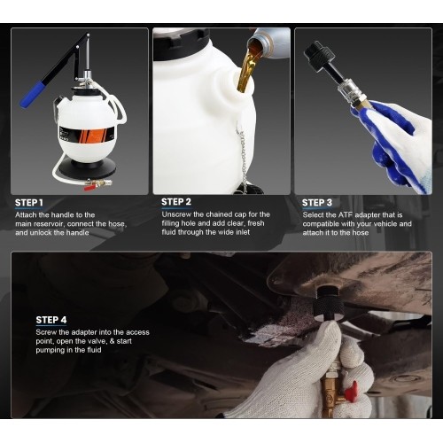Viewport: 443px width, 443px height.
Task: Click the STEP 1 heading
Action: click(29, 203)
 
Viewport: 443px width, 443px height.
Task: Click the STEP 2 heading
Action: click(176, 202)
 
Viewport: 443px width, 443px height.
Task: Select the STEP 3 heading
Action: click(317, 203)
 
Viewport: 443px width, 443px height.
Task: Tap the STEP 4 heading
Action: click(51, 320)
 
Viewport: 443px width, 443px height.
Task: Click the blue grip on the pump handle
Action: click(33, 95)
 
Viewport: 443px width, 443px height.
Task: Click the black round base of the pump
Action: click(87, 169)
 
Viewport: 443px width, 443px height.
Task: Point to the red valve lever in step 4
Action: click(352, 389)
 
